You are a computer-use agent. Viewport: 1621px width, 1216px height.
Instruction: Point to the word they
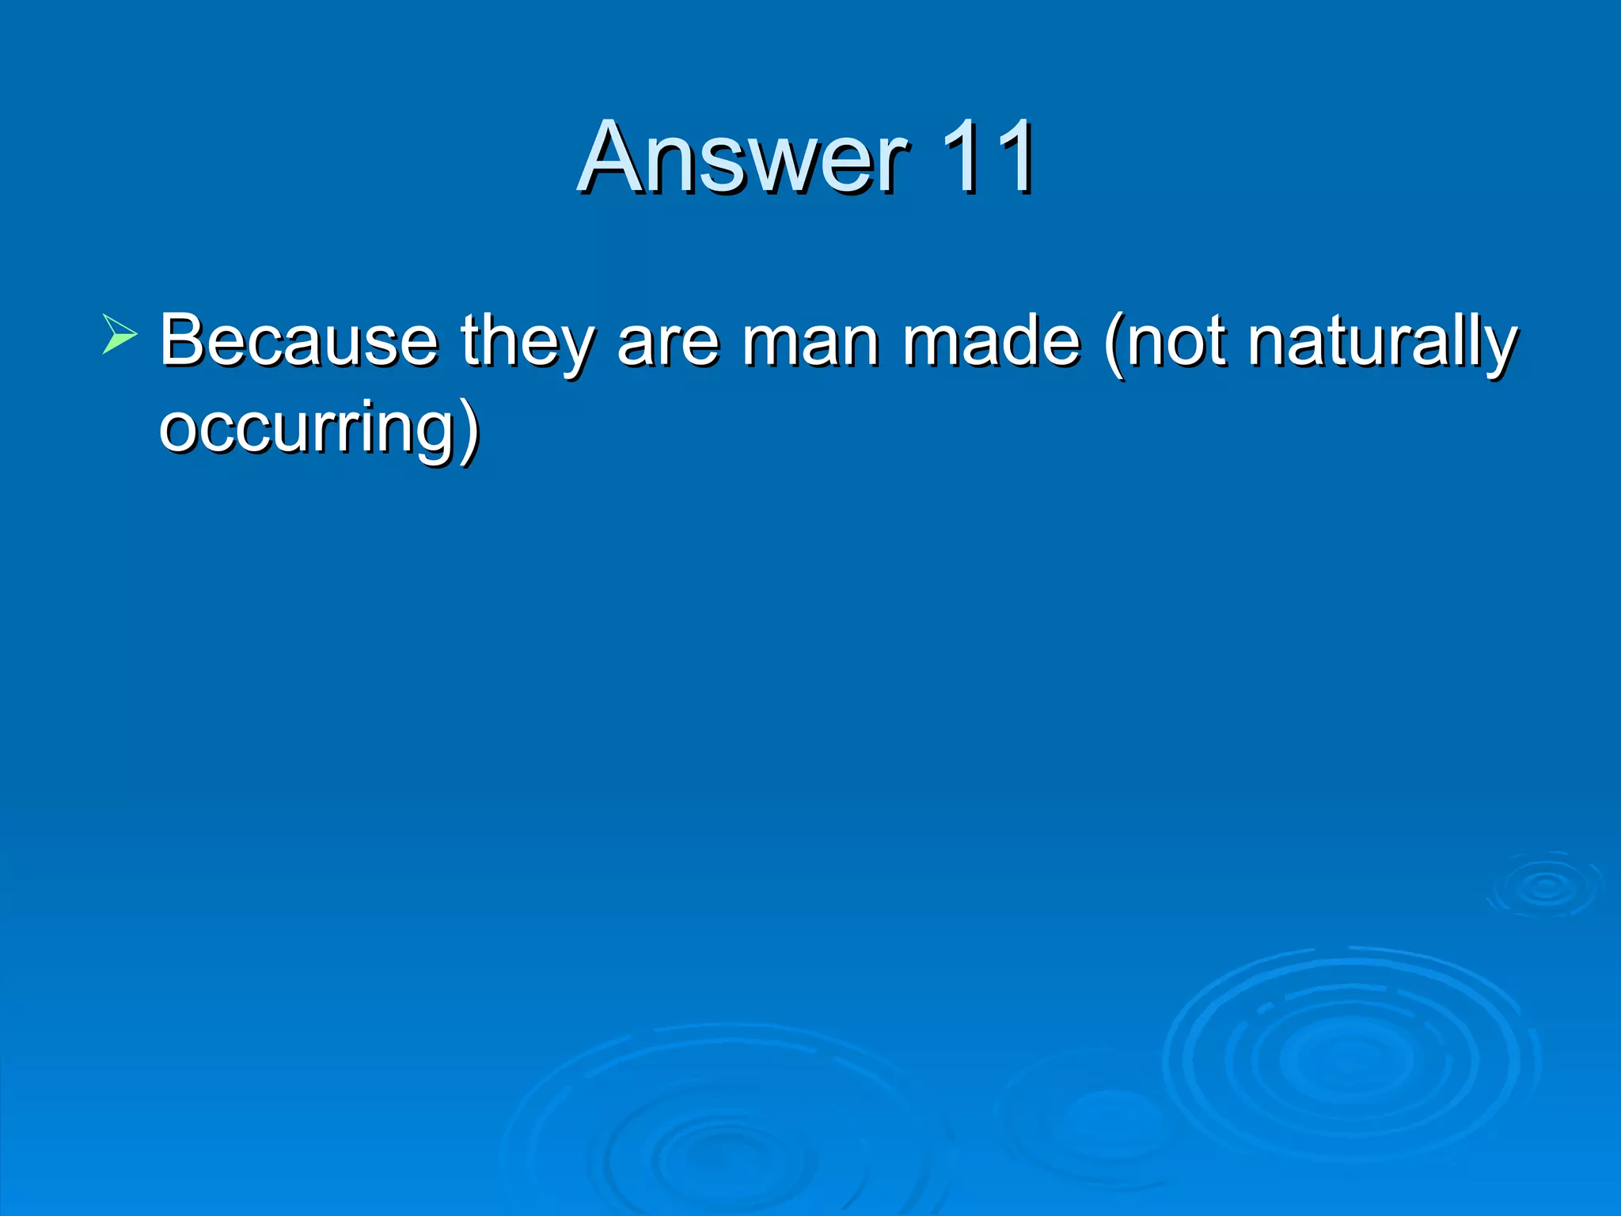(x=527, y=342)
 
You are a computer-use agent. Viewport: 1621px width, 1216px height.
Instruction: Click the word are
(x=668, y=342)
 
